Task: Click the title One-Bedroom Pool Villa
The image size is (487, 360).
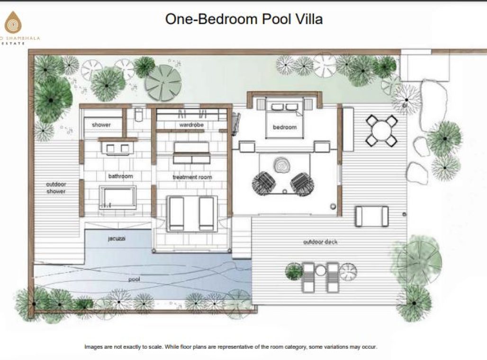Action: point(243,19)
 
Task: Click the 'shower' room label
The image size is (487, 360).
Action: point(101,125)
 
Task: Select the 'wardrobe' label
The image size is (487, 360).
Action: point(191,125)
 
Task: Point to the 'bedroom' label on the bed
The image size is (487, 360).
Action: point(285,127)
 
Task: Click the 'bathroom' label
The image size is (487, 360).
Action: point(121,176)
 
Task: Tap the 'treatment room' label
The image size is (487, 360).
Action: point(192,177)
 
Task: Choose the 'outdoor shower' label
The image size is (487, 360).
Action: point(56,188)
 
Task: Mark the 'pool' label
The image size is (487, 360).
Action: point(135,279)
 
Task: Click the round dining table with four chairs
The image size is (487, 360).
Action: point(381,130)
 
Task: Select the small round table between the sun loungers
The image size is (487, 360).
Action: point(321,270)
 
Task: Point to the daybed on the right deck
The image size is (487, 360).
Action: point(372,216)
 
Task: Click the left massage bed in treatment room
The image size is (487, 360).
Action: point(176,212)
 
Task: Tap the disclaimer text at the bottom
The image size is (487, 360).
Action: point(231,347)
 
